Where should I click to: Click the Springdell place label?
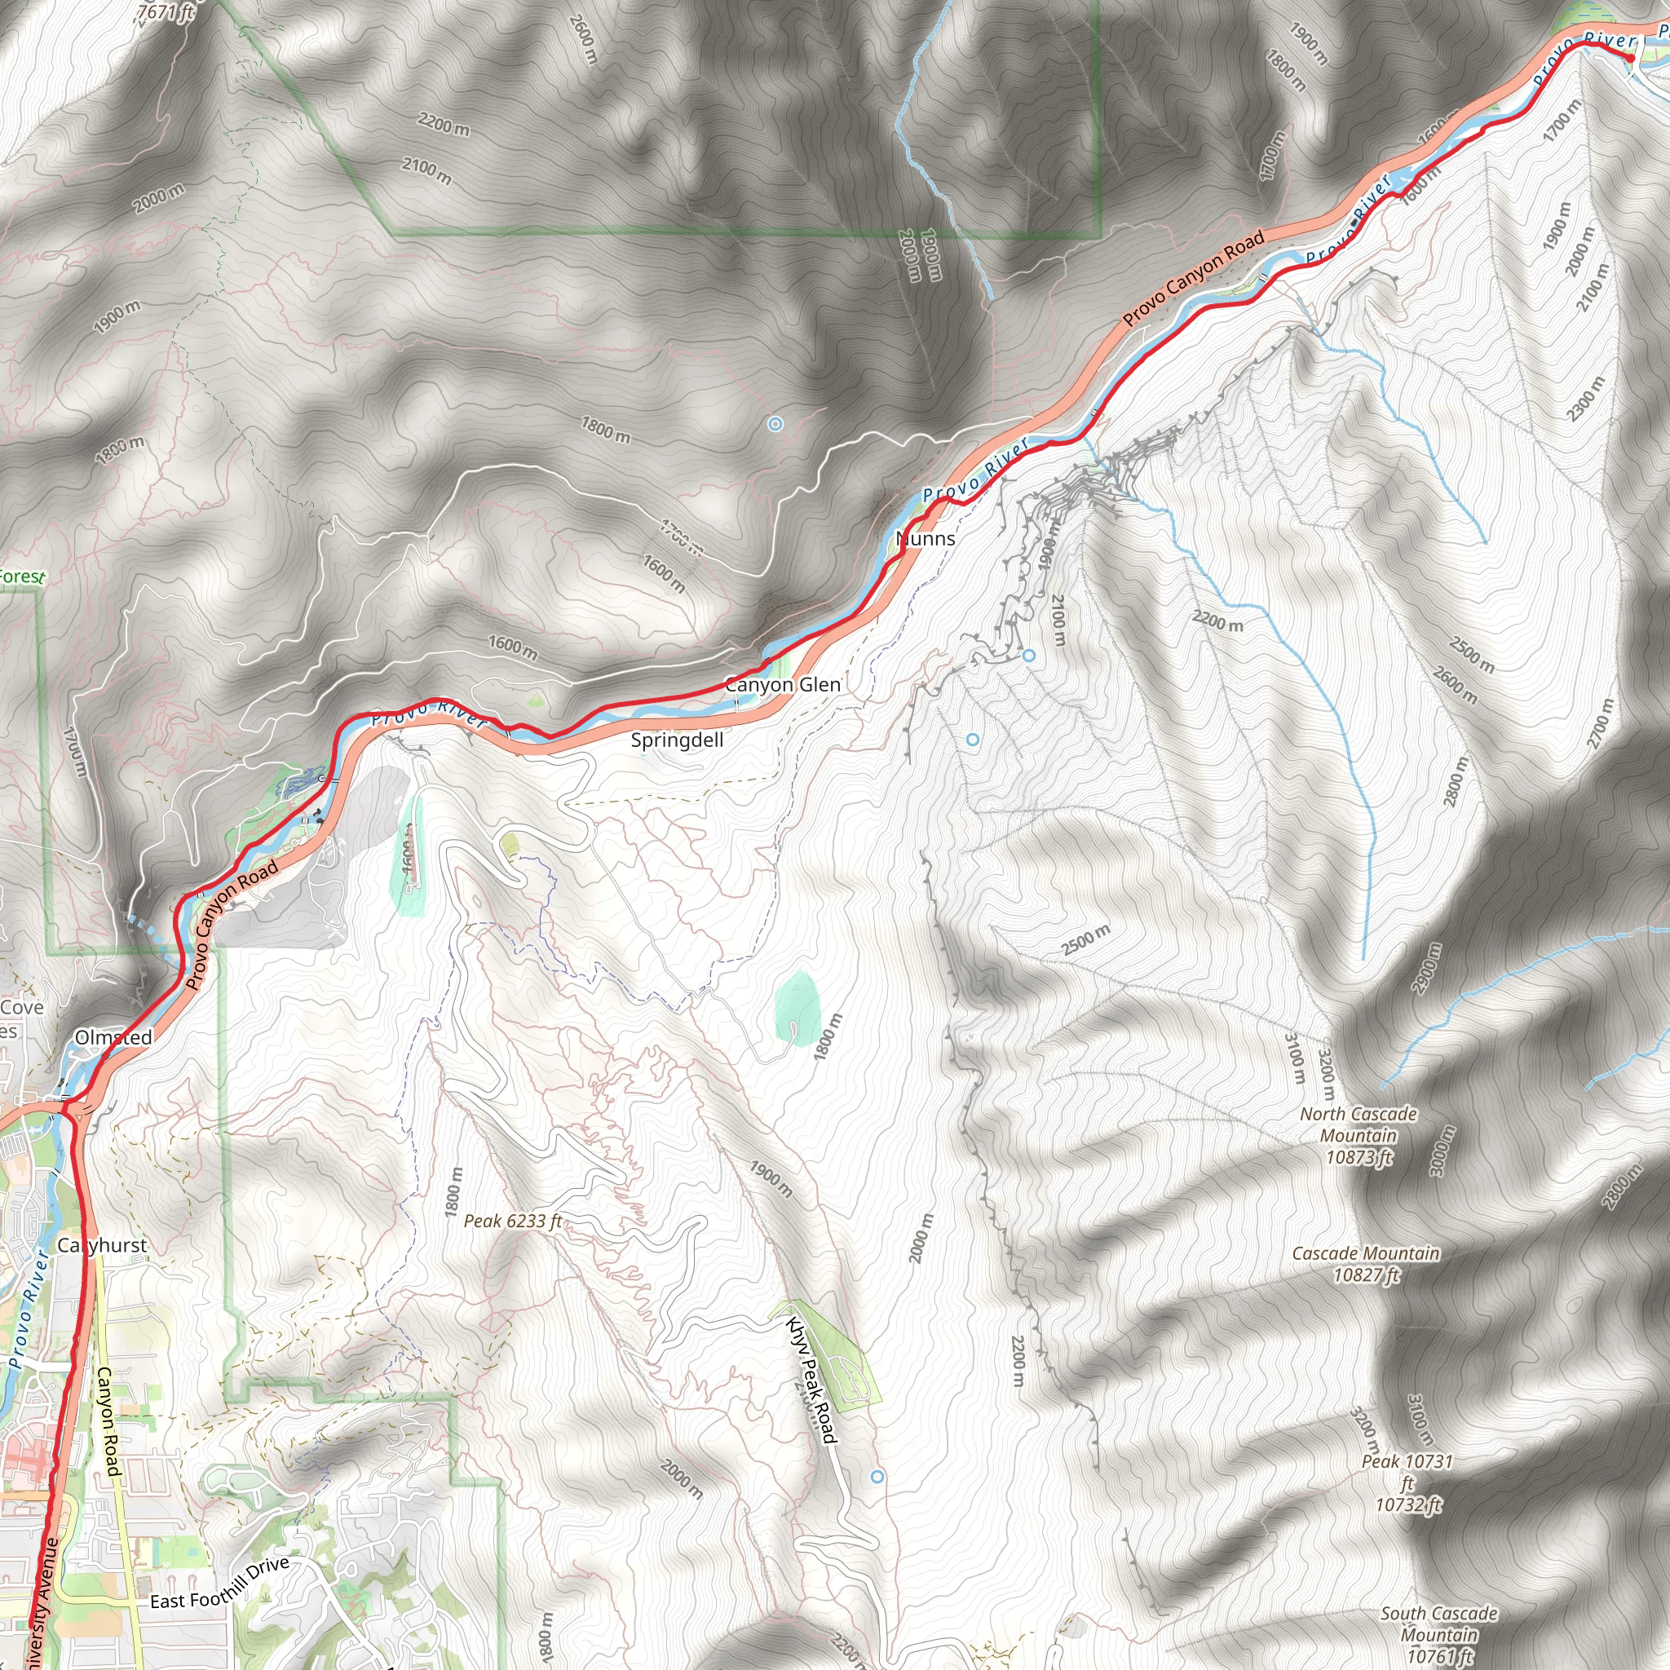[x=677, y=740]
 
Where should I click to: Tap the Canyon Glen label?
[x=782, y=685]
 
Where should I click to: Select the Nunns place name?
[x=926, y=538]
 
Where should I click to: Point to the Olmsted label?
[x=113, y=1037]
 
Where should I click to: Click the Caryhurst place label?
[x=102, y=1246]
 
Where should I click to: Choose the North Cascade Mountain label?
[x=1358, y=1135]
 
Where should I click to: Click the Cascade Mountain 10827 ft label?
[x=1366, y=1264]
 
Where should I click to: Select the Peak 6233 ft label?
[x=513, y=1221]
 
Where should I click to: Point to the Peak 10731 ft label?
[x=1407, y=1482]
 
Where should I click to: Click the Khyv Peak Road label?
[x=811, y=1379]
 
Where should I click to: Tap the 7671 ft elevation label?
[x=166, y=11]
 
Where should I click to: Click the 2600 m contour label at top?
[x=585, y=39]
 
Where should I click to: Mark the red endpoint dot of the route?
[x=1629, y=57]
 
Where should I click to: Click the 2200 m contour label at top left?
[x=444, y=125]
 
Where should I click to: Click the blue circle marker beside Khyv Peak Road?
[x=877, y=1478]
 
